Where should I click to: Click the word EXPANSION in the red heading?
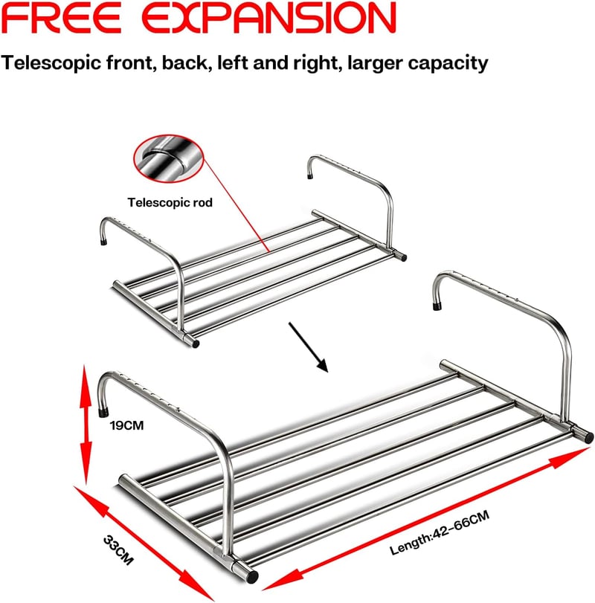tap(268, 18)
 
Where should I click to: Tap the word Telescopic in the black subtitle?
tap(51, 62)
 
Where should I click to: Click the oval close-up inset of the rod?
tap(169, 158)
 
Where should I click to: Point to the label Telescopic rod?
tap(170, 202)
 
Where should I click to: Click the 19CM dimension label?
tap(126, 425)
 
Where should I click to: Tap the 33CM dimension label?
tap(118, 550)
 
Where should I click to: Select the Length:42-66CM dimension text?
tap(440, 532)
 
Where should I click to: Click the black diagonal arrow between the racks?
tap(308, 347)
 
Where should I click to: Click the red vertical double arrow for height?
tap(86, 425)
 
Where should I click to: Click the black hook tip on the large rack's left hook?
tap(103, 413)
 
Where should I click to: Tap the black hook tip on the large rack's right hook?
tap(437, 306)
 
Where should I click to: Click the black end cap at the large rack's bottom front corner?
tap(252, 576)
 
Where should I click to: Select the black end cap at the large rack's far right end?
tap(588, 437)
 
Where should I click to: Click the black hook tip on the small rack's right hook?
tap(309, 177)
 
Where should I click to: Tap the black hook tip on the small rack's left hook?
tap(103, 242)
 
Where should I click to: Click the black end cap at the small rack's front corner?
tap(196, 343)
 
